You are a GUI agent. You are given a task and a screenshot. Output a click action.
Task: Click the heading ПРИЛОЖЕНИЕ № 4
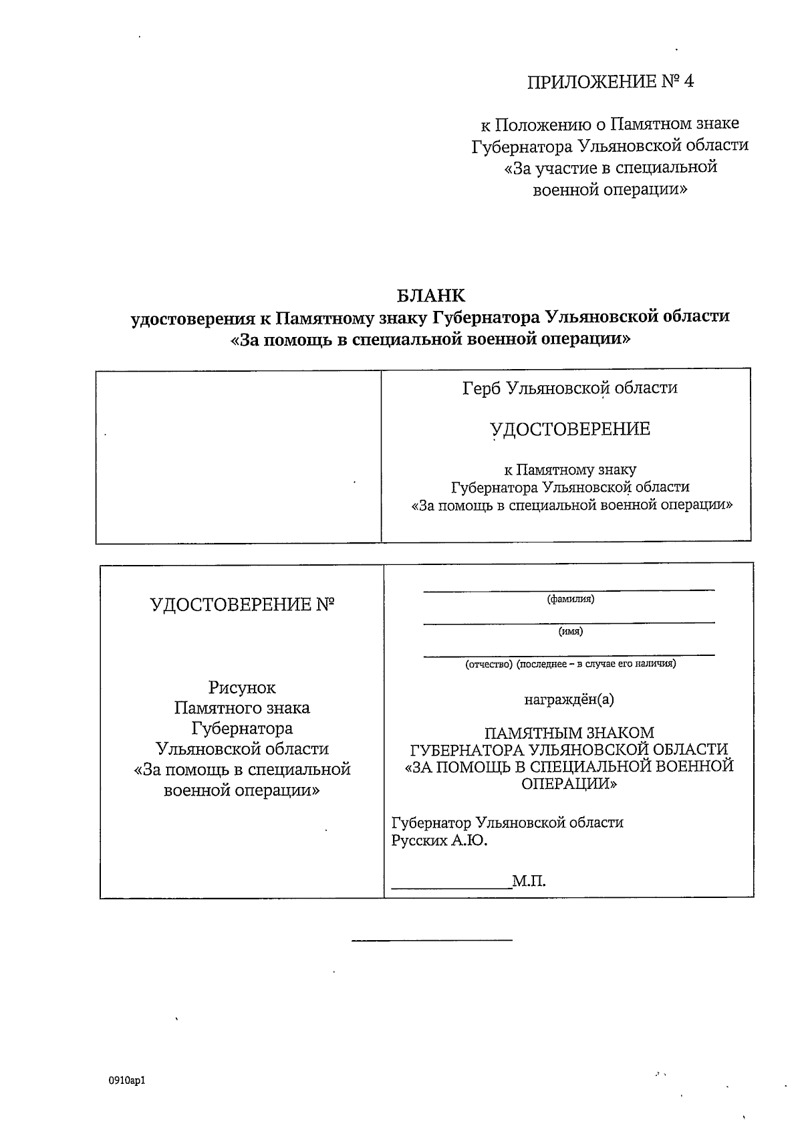tap(611, 82)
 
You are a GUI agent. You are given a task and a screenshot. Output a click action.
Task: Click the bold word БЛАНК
tap(430, 295)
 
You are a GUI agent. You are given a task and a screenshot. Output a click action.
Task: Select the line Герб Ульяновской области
tap(569, 388)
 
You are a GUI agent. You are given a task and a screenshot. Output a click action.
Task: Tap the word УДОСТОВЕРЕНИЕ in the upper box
tap(569, 429)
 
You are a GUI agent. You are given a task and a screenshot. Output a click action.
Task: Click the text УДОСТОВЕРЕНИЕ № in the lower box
tap(242, 604)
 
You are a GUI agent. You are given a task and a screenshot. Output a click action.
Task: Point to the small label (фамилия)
tap(570, 599)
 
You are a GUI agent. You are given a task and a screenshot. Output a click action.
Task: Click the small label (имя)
tap(570, 631)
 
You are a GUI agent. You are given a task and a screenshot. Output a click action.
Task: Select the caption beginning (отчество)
tap(570, 664)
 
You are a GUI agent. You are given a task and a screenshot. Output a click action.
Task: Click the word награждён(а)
tap(569, 699)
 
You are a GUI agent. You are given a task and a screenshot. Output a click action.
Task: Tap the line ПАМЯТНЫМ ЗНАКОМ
tap(569, 733)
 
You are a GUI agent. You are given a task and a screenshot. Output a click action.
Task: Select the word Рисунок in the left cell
tap(242, 687)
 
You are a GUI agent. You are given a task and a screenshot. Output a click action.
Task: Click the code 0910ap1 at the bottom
tap(126, 1080)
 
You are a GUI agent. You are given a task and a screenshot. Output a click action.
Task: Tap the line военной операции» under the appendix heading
tap(610, 190)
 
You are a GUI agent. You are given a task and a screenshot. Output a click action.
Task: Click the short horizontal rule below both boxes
tap(432, 941)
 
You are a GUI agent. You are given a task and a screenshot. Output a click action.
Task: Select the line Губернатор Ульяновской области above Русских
tap(507, 822)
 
